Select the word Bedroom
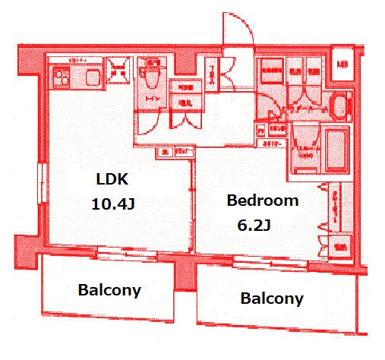click(x=263, y=201)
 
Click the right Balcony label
click(x=272, y=298)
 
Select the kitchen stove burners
click(x=61, y=76)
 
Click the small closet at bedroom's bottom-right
click(x=340, y=246)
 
